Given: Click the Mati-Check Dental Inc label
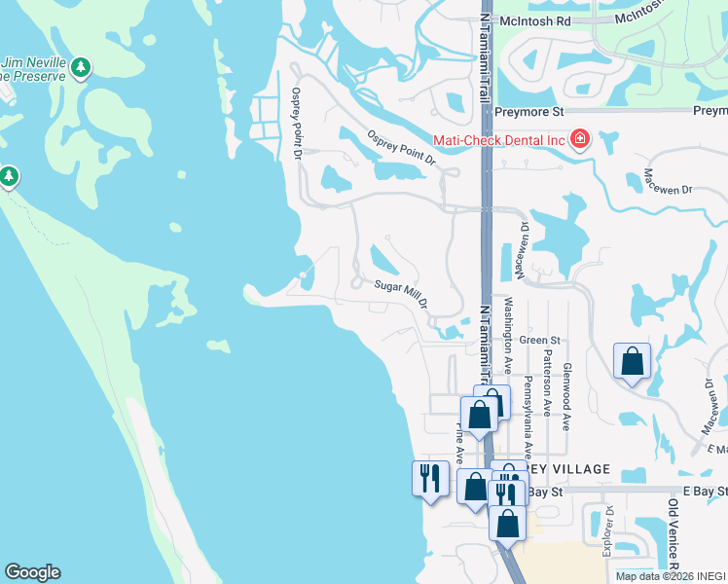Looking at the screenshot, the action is (x=498, y=140).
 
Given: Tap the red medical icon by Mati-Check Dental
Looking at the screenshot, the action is (x=580, y=139).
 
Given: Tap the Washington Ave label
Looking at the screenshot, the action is (x=508, y=335).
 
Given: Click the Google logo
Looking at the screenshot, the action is (x=32, y=572).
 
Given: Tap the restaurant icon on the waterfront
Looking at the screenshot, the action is (x=430, y=478).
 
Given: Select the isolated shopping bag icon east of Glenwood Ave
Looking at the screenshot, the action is (x=632, y=361).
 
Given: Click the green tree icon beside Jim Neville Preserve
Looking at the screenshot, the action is (x=83, y=67).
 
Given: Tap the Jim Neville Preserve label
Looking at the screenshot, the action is (x=34, y=67).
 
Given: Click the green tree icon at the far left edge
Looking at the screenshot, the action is (x=9, y=176).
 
